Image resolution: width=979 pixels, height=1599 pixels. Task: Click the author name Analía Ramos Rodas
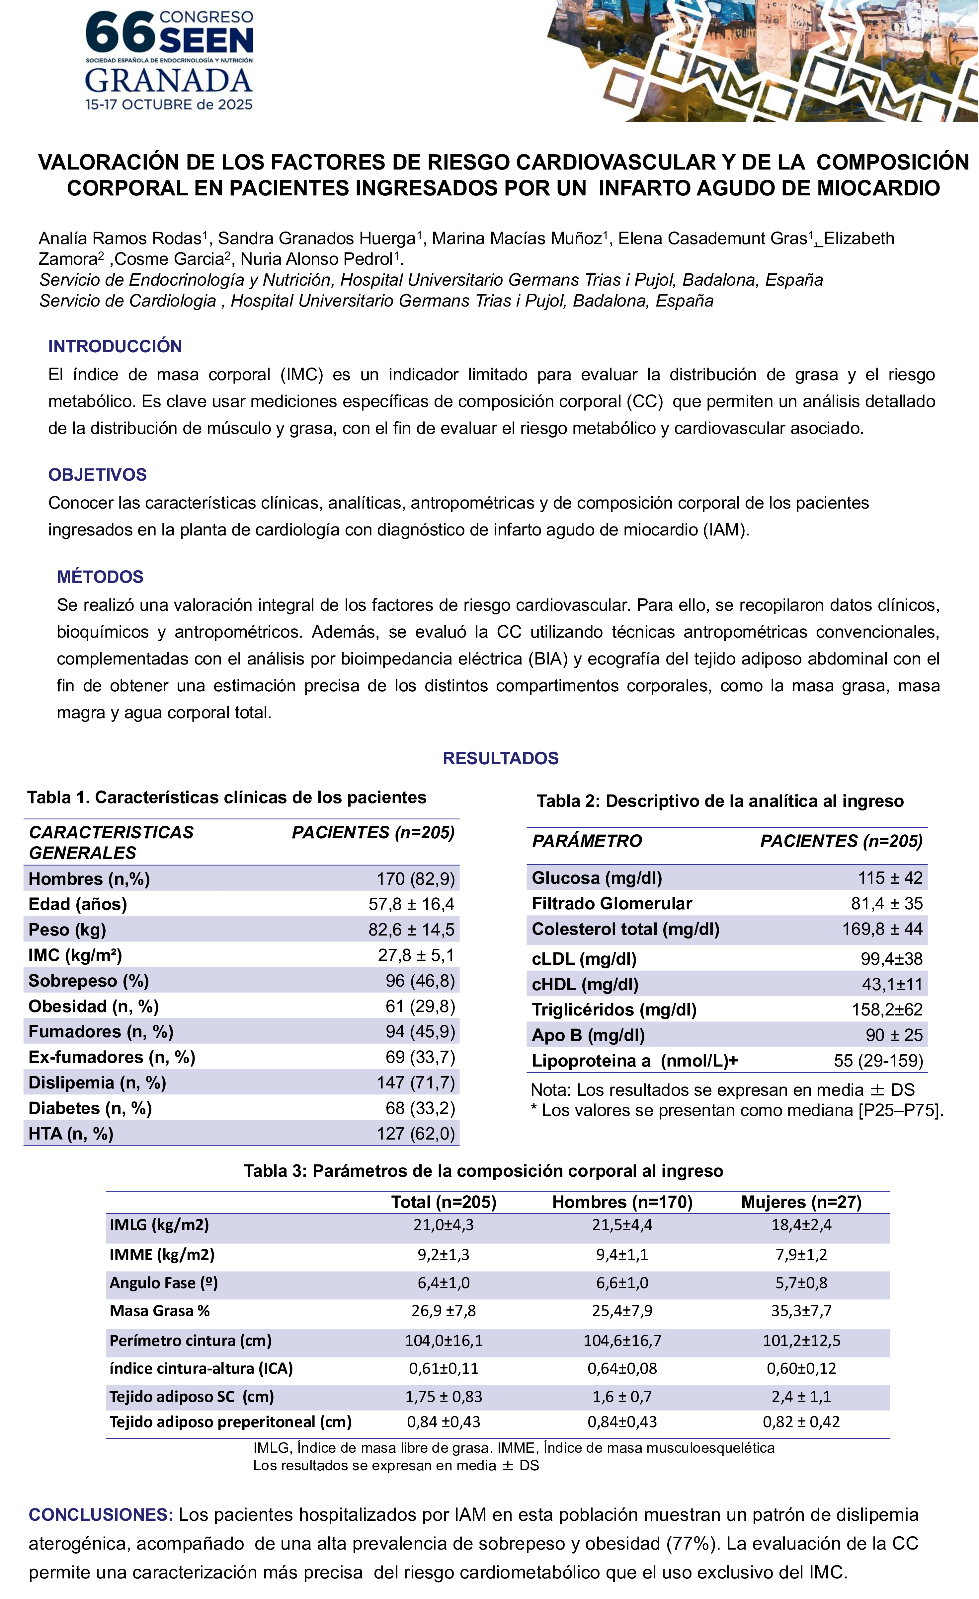pyautogui.click(x=120, y=239)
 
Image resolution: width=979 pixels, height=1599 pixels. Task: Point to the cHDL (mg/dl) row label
pyautogui.click(x=585, y=985)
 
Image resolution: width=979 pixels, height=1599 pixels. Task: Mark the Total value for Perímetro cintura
pyautogui.click(x=444, y=1340)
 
